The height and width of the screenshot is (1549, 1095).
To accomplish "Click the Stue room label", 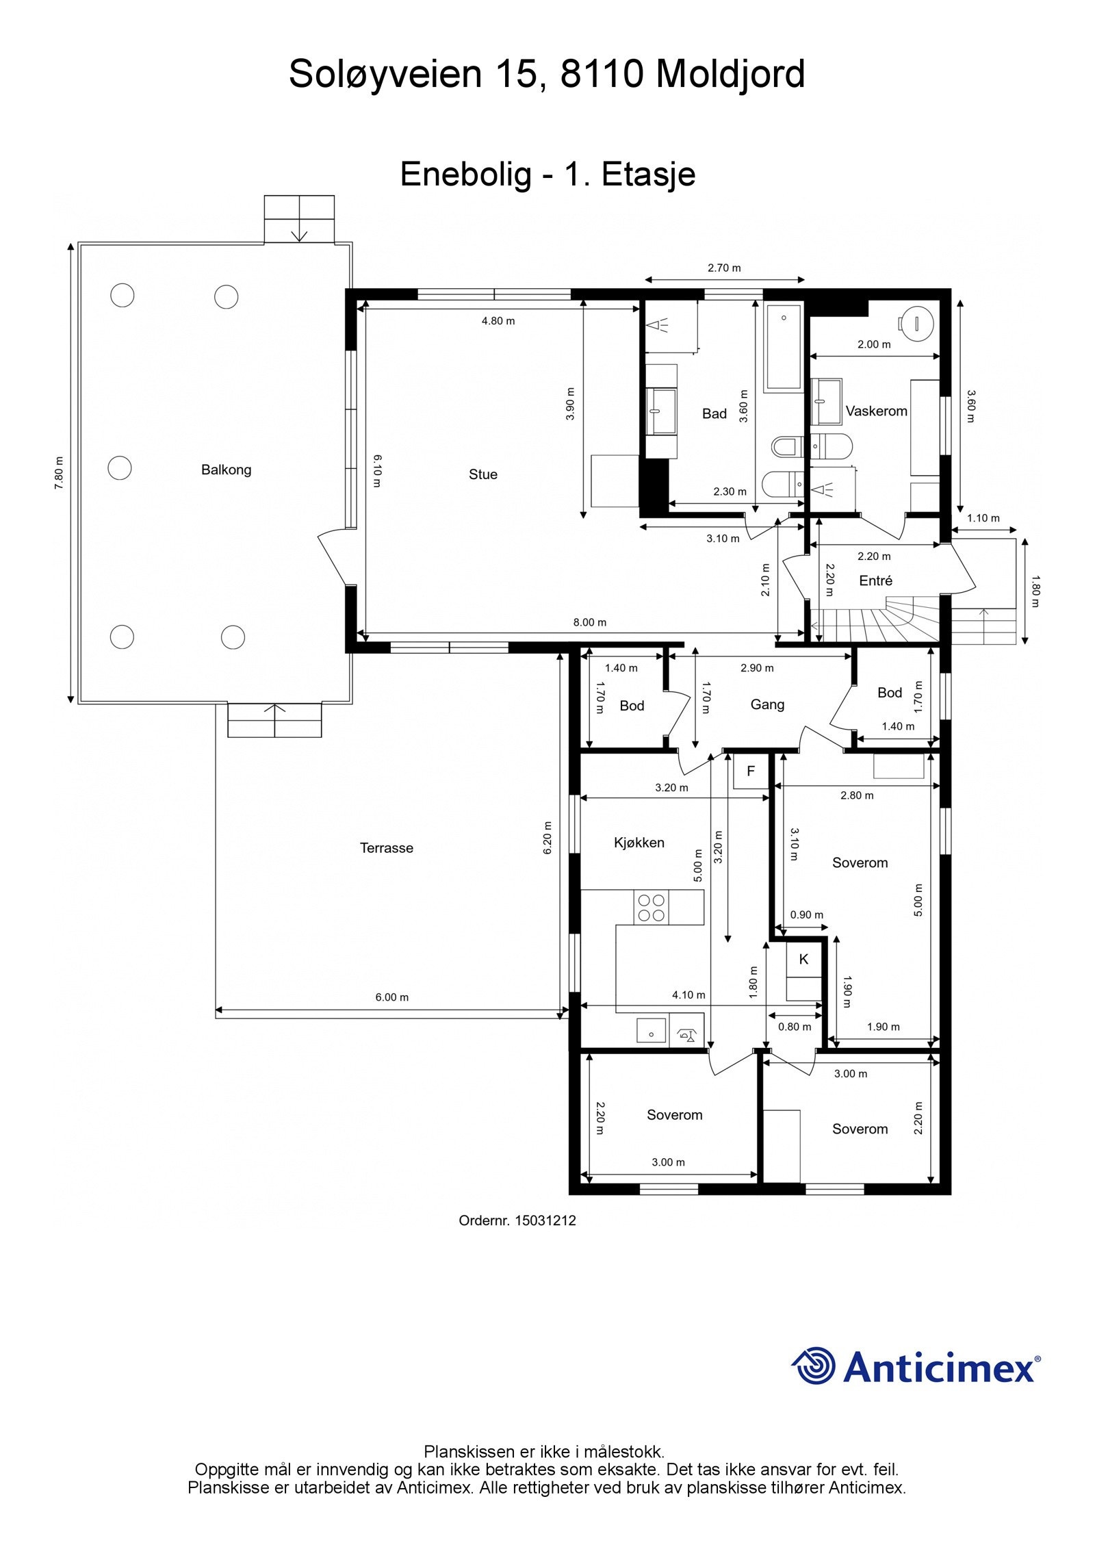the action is point(482,474).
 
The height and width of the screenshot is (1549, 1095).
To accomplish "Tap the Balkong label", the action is point(226,470).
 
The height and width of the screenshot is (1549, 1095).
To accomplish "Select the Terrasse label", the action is point(387,848).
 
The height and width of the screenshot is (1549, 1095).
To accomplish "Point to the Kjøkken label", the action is point(639,843).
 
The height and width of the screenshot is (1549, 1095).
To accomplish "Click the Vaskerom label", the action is point(876,411).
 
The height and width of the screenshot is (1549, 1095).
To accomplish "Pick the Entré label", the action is point(875,580).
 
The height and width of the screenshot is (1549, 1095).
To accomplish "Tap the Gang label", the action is point(767,704).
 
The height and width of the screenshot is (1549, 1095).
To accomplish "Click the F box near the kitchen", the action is point(751,771).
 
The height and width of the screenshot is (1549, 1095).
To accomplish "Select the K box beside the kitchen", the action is point(803,960).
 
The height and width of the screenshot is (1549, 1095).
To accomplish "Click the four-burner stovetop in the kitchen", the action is point(651,908).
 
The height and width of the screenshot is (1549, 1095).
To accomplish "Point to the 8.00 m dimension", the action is point(590,622).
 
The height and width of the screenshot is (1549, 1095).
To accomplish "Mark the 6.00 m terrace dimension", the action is point(391,997).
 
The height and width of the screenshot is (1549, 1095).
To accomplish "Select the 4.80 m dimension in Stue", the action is point(498,320).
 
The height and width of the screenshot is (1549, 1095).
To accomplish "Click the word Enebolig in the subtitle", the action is point(465,174).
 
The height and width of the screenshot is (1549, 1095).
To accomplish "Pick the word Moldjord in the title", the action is point(731,74).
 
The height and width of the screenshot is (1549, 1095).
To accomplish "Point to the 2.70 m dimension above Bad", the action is point(724,268).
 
